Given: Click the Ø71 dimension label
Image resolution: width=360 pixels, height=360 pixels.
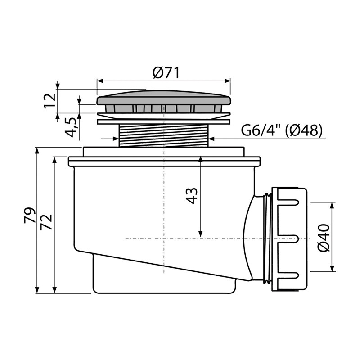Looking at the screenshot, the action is [x=166, y=73].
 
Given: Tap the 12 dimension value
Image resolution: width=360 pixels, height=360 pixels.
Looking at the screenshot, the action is [x=50, y=101].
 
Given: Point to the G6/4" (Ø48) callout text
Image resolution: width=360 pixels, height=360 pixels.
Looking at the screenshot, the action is [x=282, y=130].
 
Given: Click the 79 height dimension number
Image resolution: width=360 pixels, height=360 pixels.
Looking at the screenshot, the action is [x=30, y=216].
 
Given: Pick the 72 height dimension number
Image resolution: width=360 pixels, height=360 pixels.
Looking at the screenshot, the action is [x=46, y=222].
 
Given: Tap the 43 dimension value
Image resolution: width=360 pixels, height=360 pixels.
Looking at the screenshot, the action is [x=192, y=196].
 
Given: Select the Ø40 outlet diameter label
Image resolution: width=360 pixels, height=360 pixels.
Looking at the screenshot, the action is [x=324, y=238].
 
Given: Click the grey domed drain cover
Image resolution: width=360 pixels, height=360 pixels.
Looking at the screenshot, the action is [x=164, y=98].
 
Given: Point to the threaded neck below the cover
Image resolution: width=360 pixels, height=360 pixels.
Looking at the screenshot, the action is [x=164, y=135].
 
